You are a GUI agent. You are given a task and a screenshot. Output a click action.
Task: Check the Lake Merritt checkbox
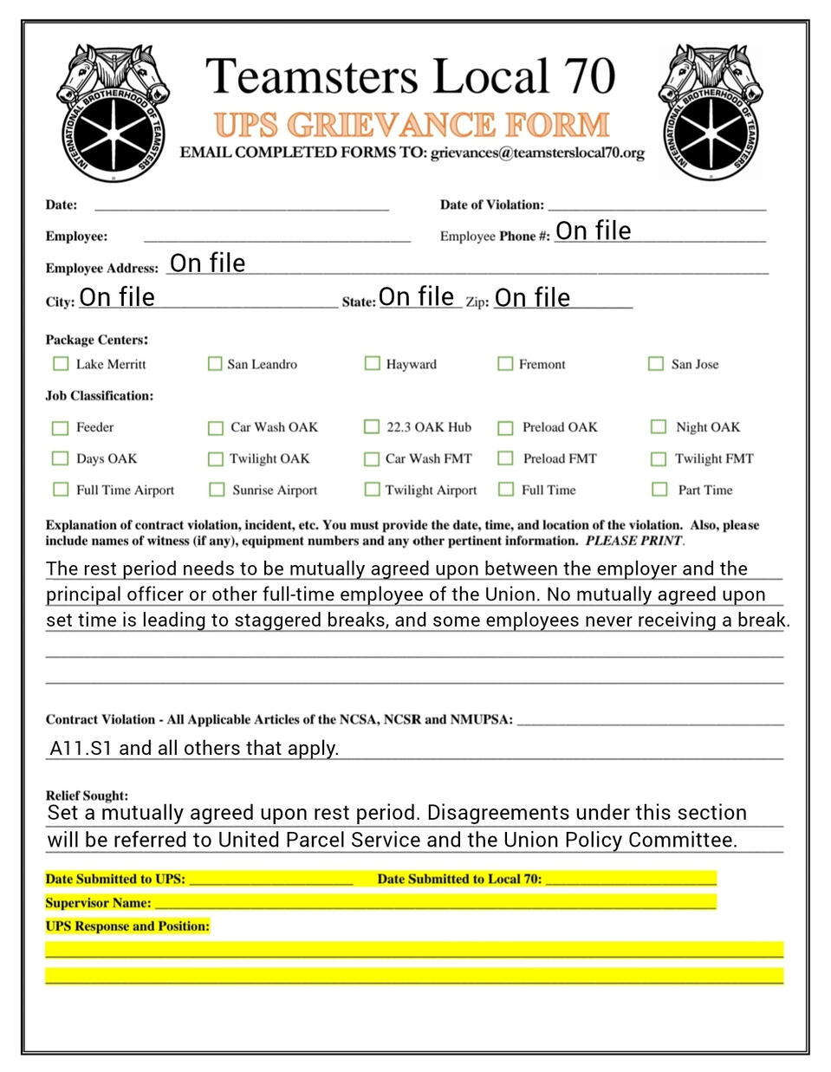(61, 364)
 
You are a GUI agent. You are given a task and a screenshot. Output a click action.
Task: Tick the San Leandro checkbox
(215, 364)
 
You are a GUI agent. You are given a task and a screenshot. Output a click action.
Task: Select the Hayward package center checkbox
(372, 363)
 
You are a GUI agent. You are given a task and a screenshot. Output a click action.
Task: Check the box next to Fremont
(504, 364)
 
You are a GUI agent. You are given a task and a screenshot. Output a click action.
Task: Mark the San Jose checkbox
(656, 364)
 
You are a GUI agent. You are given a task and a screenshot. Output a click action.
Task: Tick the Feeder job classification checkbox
(60, 427)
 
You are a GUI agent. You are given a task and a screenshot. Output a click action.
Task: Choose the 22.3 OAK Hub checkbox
(371, 426)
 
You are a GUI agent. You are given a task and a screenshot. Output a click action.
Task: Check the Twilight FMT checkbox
(659, 458)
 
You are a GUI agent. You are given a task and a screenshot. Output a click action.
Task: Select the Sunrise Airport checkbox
(217, 490)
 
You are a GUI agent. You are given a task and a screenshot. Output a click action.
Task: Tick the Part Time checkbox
(659, 490)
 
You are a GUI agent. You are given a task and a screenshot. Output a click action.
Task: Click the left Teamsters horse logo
(112, 113)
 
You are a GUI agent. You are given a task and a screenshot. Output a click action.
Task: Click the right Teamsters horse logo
(712, 113)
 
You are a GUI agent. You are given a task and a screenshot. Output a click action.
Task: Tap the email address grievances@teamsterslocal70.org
(537, 153)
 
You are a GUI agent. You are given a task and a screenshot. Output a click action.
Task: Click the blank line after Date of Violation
(657, 205)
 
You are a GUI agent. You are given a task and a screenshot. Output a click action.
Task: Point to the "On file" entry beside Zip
(532, 298)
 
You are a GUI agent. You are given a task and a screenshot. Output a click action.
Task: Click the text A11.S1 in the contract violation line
(81, 748)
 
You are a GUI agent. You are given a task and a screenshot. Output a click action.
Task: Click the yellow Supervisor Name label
(98, 903)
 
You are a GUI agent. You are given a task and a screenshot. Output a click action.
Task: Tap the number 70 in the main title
(590, 76)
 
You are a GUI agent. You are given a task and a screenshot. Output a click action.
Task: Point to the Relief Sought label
(87, 796)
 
